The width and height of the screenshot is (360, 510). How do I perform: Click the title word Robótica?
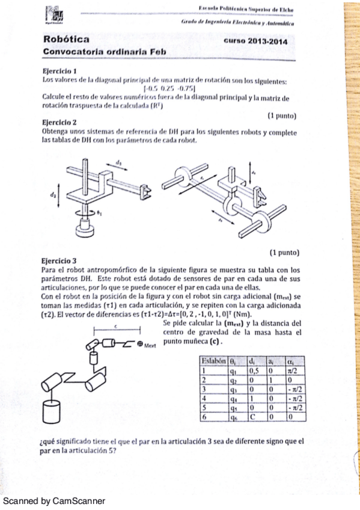[64, 40]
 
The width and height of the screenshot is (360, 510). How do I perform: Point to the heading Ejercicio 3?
[58, 262]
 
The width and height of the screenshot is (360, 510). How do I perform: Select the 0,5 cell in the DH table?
[253, 371]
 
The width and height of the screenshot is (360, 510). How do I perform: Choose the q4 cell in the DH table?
[233, 398]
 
